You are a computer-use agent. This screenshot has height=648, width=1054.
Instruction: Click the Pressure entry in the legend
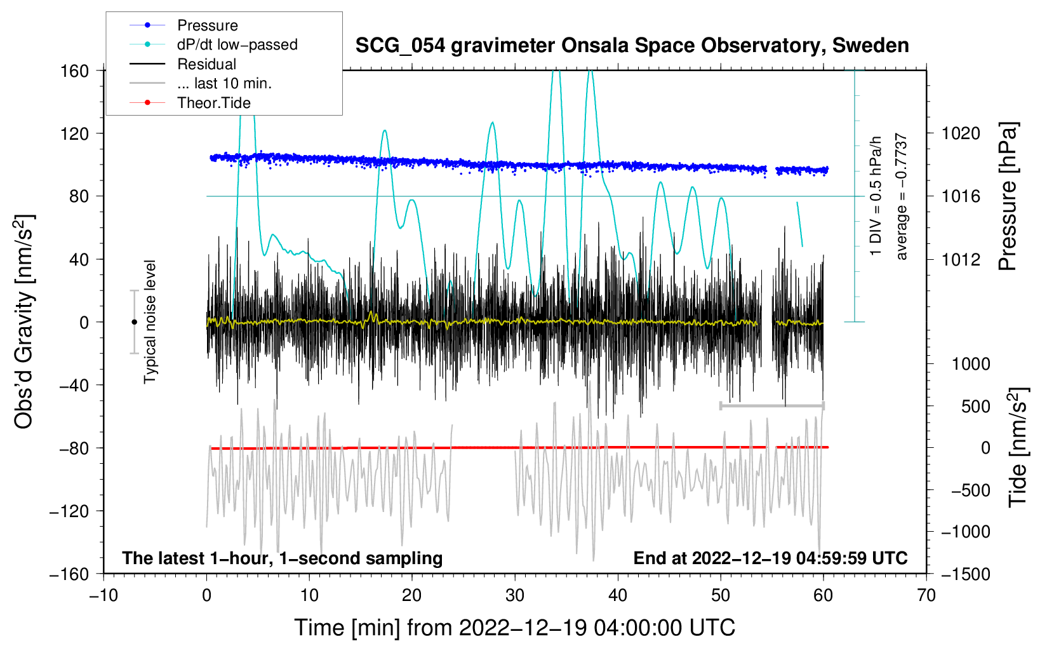[x=207, y=25]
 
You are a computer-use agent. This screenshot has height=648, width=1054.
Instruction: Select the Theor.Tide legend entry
[x=213, y=103]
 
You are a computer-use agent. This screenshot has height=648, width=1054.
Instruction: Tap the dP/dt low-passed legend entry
[x=237, y=44]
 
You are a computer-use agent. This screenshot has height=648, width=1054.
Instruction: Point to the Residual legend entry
[x=206, y=64]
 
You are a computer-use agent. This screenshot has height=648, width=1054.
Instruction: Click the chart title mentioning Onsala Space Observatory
[x=632, y=46]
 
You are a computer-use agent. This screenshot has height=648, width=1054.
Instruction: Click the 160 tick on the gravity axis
[x=75, y=71]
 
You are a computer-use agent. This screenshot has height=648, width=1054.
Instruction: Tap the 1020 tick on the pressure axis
[x=961, y=133]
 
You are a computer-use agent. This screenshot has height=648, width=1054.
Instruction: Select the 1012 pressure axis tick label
[x=961, y=259]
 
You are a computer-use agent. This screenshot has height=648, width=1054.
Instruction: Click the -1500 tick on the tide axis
[x=965, y=574]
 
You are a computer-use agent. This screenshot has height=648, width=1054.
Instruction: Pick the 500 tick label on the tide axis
[x=976, y=407]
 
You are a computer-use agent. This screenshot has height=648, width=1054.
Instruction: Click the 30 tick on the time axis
[x=515, y=596]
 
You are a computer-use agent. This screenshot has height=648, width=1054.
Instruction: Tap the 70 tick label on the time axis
[x=926, y=596]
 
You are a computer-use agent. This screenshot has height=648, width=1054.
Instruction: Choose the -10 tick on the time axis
[x=103, y=596]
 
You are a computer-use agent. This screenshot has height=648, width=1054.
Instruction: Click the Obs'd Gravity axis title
[x=24, y=321]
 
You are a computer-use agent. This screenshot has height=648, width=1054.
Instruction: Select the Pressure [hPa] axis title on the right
[x=1008, y=197]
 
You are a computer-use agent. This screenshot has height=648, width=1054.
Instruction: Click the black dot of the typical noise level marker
[x=134, y=322]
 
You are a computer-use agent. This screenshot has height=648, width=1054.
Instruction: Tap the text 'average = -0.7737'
[x=902, y=197]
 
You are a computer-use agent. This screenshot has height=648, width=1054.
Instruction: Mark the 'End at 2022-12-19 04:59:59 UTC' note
[x=770, y=558]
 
